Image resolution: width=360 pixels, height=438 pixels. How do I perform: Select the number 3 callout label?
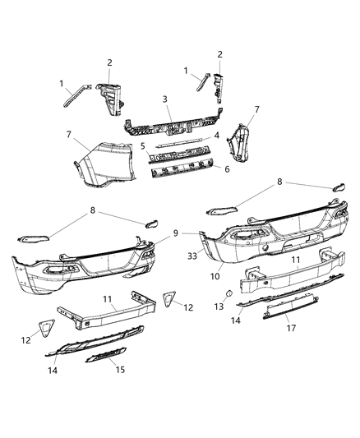point(166,99)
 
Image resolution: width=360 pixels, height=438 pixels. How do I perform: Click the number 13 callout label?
point(217,306)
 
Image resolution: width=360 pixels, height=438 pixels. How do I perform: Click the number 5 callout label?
point(142,146)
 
